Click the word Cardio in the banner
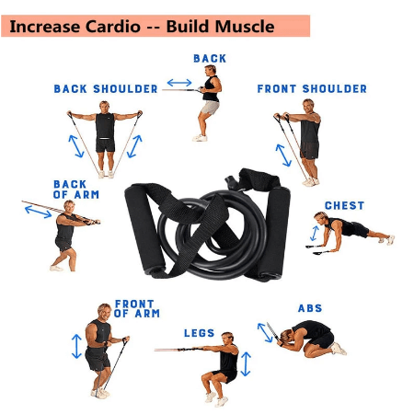112,27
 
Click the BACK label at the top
210,58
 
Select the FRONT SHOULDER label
312,88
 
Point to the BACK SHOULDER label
106,88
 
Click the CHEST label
344,205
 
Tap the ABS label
310,308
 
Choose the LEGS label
199,333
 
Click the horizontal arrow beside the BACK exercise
179,83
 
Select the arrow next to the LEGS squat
246,364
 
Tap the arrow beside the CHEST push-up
315,234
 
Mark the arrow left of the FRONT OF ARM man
76,346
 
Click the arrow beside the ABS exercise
265,332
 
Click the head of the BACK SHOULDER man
104,108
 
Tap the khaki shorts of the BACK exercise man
210,108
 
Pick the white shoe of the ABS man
339,349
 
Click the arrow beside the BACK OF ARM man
38,212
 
